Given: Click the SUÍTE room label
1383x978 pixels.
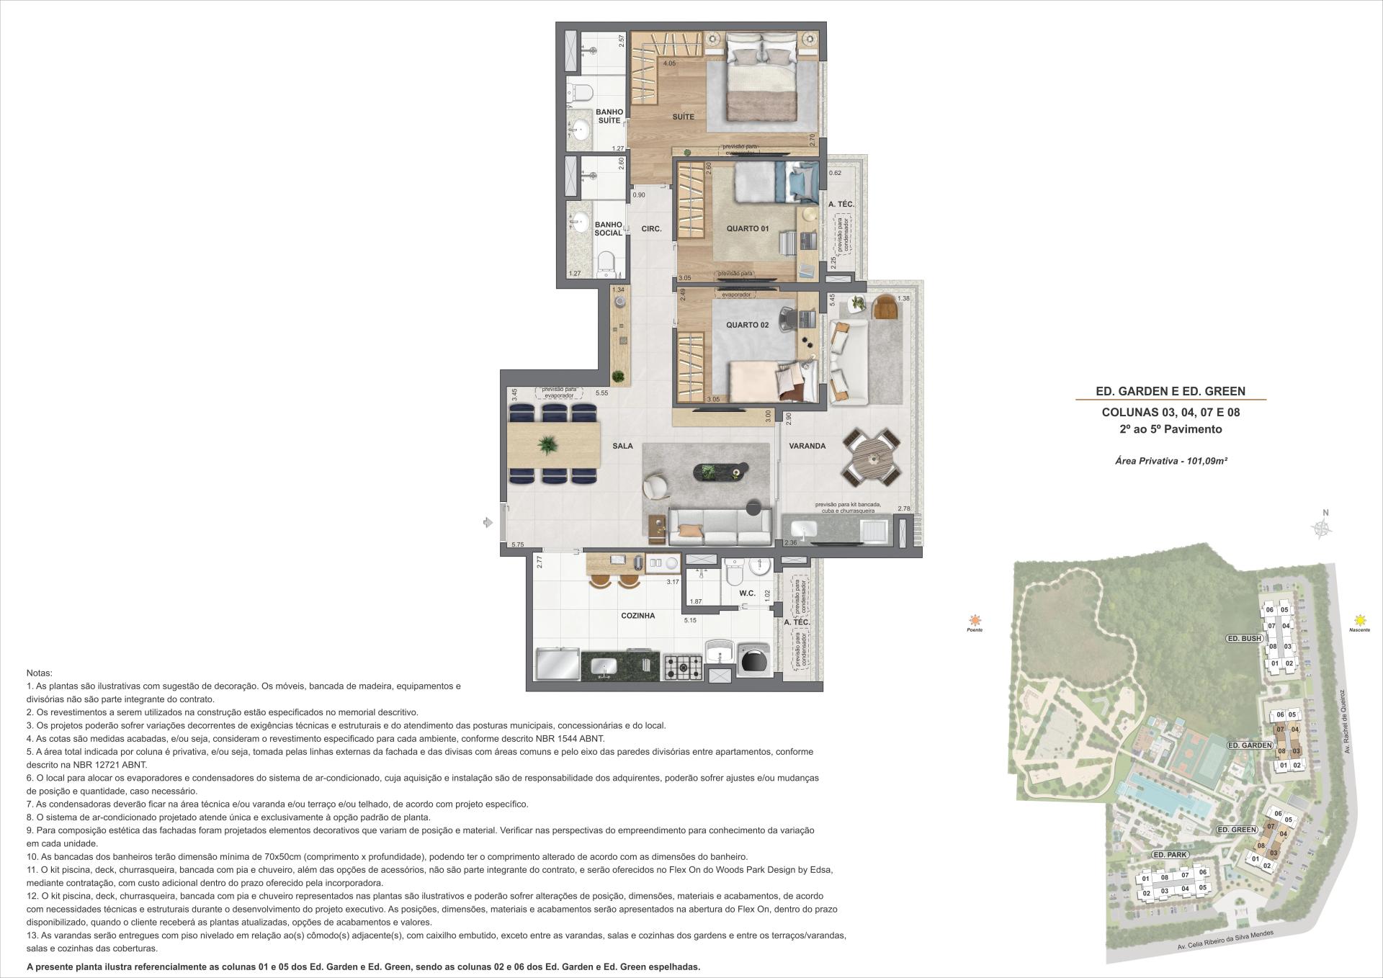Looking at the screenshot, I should point(684,117).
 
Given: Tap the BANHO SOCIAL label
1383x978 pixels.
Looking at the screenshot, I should point(609,229).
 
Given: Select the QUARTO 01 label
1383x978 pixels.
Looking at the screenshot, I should point(747,228).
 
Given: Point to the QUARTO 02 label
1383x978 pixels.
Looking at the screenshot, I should point(747,325).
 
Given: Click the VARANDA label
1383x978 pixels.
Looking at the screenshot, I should point(807,446).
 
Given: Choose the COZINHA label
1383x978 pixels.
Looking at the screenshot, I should point(638,616).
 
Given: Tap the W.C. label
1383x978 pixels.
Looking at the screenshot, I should point(747,593).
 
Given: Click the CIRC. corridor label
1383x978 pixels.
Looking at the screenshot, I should point(651,229).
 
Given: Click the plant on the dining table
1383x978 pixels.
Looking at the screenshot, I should point(548,445).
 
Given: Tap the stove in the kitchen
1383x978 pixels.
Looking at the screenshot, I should point(682,666).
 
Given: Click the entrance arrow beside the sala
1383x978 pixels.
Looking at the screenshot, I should point(488,523).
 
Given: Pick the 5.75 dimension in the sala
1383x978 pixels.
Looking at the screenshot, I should point(517,545).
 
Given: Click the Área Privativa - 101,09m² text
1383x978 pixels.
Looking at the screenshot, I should point(1171,460).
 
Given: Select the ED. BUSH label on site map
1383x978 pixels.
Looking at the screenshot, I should point(1244,639).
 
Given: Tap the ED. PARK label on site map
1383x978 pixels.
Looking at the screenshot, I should point(1169,855).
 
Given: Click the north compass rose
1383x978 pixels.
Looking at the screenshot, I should point(1321,528).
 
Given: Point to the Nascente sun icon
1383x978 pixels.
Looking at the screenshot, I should point(1359,620).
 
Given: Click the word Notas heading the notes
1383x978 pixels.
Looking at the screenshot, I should point(39,672).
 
